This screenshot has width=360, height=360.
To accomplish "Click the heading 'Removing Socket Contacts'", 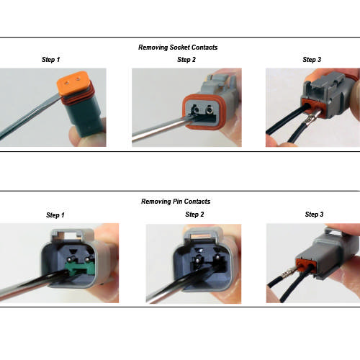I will click(x=178, y=48).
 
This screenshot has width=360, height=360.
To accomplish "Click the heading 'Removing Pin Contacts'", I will click(x=178, y=202).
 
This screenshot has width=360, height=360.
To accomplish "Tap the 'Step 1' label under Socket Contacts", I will click(x=53, y=60).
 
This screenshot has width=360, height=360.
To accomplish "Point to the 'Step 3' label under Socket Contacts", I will click(x=312, y=60).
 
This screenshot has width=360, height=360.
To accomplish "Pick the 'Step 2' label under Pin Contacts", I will click(x=194, y=215).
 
